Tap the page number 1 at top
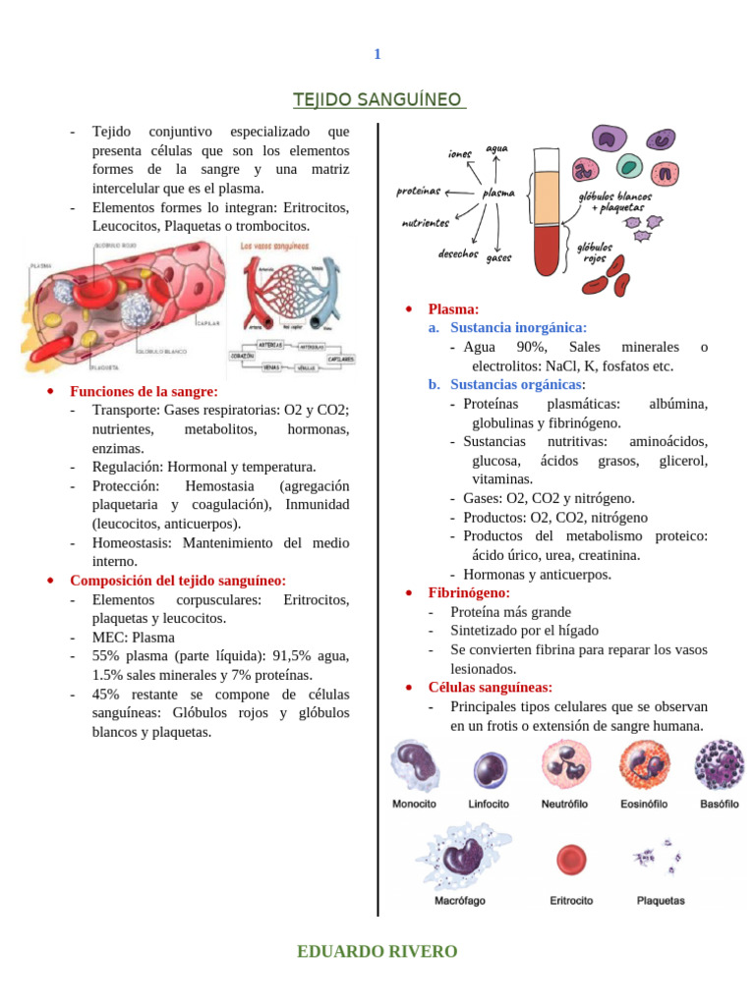pos(377,54)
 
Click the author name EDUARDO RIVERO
pos(377,951)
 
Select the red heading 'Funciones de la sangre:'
pos(144,391)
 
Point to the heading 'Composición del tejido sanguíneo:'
pos(178,581)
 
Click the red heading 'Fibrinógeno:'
pos(469,592)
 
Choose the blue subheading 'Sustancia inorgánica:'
pos(518,327)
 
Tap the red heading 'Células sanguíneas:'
pos(491,687)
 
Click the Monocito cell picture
pos(413,766)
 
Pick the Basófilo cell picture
pos(719,765)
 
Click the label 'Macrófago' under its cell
pos(459,900)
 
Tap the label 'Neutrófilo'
pos(564,804)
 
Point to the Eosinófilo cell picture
pos(644,766)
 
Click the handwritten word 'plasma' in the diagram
pos(497,194)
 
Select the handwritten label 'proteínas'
pos(419,192)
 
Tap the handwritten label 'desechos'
pos(458,253)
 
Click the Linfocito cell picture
pos(489,768)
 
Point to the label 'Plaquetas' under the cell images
pos(661,900)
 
